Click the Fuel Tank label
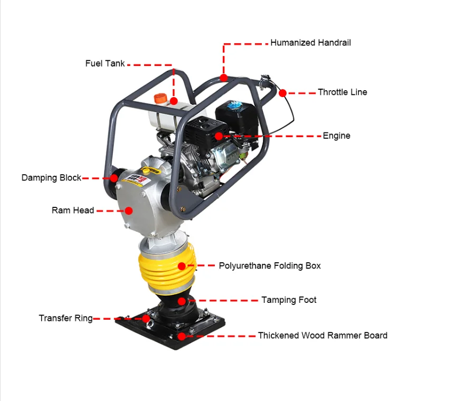(105, 64)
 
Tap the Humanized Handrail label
(310, 43)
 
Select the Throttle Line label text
(342, 92)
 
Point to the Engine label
(336, 136)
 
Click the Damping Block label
(51, 178)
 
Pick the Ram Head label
(73, 211)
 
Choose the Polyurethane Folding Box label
(270, 266)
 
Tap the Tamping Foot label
(289, 300)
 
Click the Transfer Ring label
(65, 319)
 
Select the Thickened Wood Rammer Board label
(322, 336)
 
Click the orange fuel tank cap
(160, 98)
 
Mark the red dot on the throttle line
(282, 93)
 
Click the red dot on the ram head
(128, 211)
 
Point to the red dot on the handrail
(224, 78)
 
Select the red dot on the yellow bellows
(182, 266)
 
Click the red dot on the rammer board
(182, 336)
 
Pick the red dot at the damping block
(113, 178)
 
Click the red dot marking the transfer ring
(146, 318)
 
